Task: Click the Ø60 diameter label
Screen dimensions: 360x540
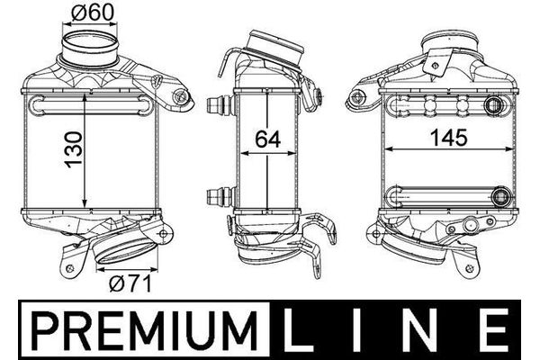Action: (x=87, y=13)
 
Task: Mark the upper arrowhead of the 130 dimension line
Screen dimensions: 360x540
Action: (x=85, y=93)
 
